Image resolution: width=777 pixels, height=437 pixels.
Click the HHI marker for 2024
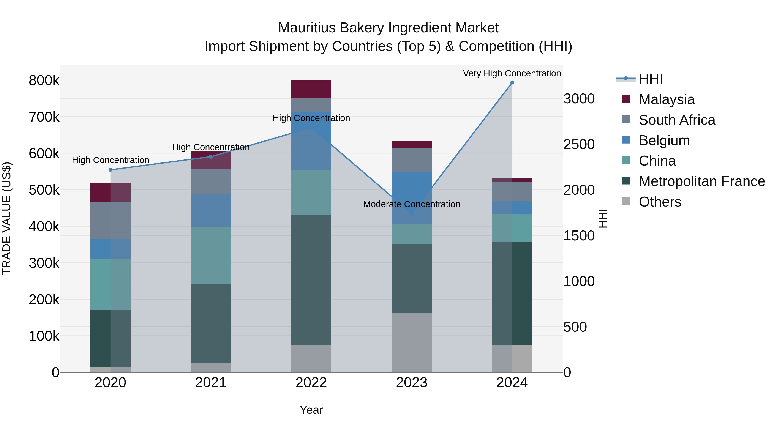(x=512, y=83)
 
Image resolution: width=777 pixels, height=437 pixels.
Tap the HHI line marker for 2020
(x=110, y=170)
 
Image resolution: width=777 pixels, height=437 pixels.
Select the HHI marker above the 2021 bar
(x=211, y=156)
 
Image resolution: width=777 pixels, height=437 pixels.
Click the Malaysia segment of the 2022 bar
(x=311, y=89)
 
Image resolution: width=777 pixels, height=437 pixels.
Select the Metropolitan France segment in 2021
(x=211, y=324)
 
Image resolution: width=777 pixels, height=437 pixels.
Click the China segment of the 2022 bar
(x=311, y=192)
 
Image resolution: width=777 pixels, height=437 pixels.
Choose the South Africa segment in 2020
(x=110, y=221)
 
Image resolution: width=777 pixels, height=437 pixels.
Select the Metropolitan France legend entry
(x=702, y=181)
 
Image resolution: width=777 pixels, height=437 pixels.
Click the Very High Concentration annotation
(x=512, y=73)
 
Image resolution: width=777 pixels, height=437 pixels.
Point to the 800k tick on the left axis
(x=44, y=80)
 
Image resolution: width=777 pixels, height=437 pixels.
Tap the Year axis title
(x=311, y=410)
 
